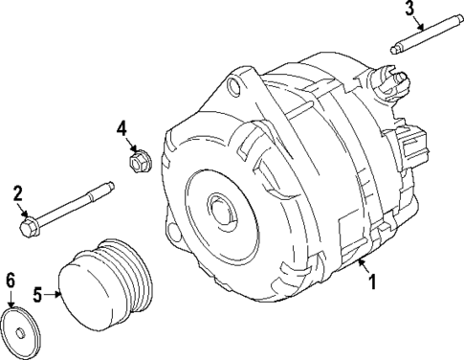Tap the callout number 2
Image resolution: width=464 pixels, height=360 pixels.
[x=17, y=194]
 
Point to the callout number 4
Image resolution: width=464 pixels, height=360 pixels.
[x=122, y=127]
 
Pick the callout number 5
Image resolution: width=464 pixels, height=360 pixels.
[x=38, y=295]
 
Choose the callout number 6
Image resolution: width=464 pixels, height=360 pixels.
[x=11, y=280]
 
